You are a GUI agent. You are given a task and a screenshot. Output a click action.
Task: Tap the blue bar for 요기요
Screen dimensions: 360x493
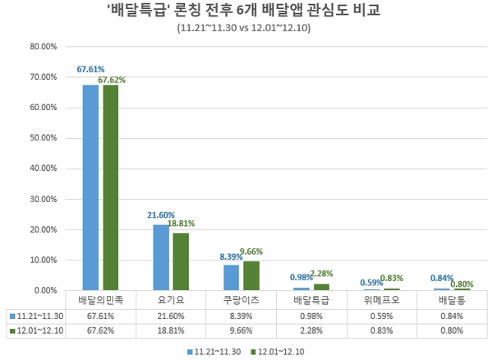tap(161, 257)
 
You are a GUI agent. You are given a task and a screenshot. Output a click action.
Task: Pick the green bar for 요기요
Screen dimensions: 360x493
tap(180, 261)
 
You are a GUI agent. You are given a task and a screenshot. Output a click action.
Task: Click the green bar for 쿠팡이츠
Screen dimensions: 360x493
tap(251, 275)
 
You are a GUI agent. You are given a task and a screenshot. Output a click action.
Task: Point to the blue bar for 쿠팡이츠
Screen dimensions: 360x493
tap(231, 278)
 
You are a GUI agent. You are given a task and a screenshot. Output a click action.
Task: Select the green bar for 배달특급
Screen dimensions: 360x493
tap(320, 287)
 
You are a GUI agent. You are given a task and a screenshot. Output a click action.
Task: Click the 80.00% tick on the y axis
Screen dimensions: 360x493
tap(42, 47)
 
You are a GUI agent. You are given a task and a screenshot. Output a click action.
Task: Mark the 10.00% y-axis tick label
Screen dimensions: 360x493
tap(42, 260)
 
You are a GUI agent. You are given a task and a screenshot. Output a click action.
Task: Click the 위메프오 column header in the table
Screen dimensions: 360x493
tap(382, 301)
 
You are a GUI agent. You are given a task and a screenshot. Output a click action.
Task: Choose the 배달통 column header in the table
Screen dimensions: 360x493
tap(453, 301)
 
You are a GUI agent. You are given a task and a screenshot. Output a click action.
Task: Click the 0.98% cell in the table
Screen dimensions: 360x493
tap(311, 316)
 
